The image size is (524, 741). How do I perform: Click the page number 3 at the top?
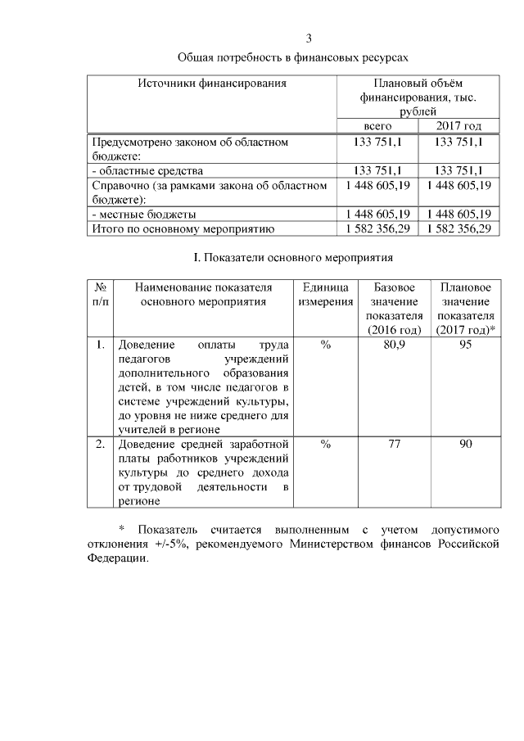309,38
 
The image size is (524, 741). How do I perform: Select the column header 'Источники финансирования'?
212,83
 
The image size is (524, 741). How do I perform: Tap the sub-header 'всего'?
377,126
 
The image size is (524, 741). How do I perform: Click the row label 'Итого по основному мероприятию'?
183,228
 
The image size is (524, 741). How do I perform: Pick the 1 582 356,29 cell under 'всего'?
377,228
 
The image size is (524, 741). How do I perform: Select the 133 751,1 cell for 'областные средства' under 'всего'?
377,170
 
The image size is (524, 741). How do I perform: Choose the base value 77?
395,444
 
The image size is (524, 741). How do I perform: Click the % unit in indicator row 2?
325,444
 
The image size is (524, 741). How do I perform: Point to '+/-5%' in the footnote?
173,544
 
